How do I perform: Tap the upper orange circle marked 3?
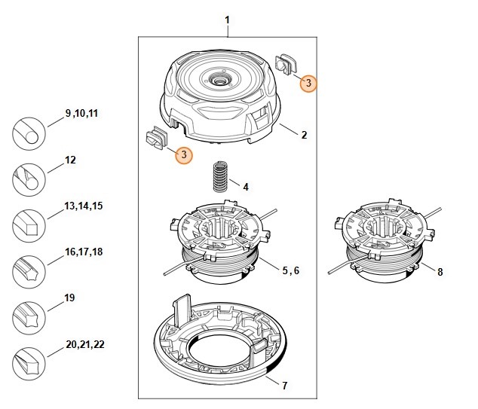307,84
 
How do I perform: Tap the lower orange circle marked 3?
182,155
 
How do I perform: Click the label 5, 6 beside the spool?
290,269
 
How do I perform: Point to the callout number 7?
284,386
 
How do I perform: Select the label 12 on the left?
71,160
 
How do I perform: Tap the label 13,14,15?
83,206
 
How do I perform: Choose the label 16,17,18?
83,252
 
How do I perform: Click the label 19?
70,298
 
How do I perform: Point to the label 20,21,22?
85,344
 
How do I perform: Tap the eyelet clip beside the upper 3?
287,63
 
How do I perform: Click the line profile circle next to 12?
28,181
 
